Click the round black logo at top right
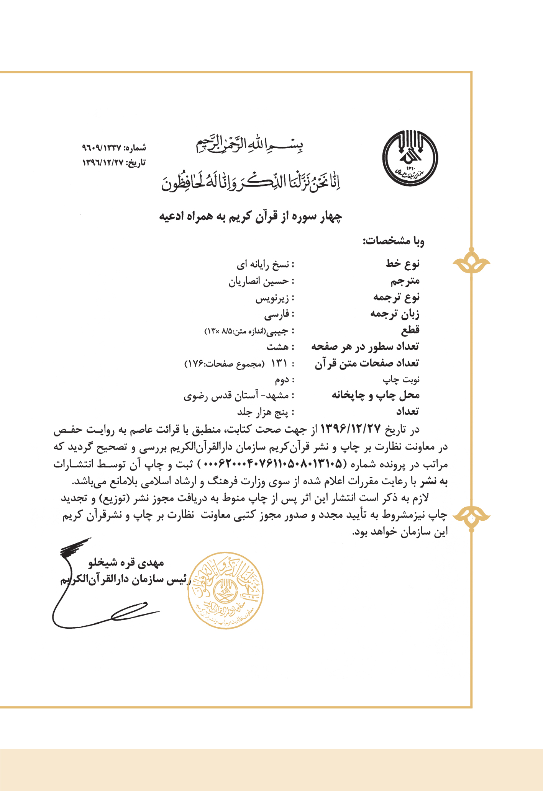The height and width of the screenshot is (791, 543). coord(410,158)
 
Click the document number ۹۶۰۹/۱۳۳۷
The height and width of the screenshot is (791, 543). coord(101,147)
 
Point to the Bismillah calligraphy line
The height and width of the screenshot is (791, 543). coord(250,145)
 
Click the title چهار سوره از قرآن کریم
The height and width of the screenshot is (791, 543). coord(251,217)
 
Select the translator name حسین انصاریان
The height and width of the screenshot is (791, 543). coord(259,281)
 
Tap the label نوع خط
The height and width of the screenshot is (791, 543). coord(402,263)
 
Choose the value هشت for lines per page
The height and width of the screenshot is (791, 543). coord(277,347)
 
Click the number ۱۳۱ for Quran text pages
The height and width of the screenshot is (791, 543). coord(279,363)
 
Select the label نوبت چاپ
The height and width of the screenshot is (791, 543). coord(401,379)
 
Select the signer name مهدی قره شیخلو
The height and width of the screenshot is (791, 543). coord(126,562)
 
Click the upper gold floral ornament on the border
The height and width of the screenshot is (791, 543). coord(471,263)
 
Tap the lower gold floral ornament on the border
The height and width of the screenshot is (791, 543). coord(471,516)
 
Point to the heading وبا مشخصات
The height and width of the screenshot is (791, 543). coord(393,241)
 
